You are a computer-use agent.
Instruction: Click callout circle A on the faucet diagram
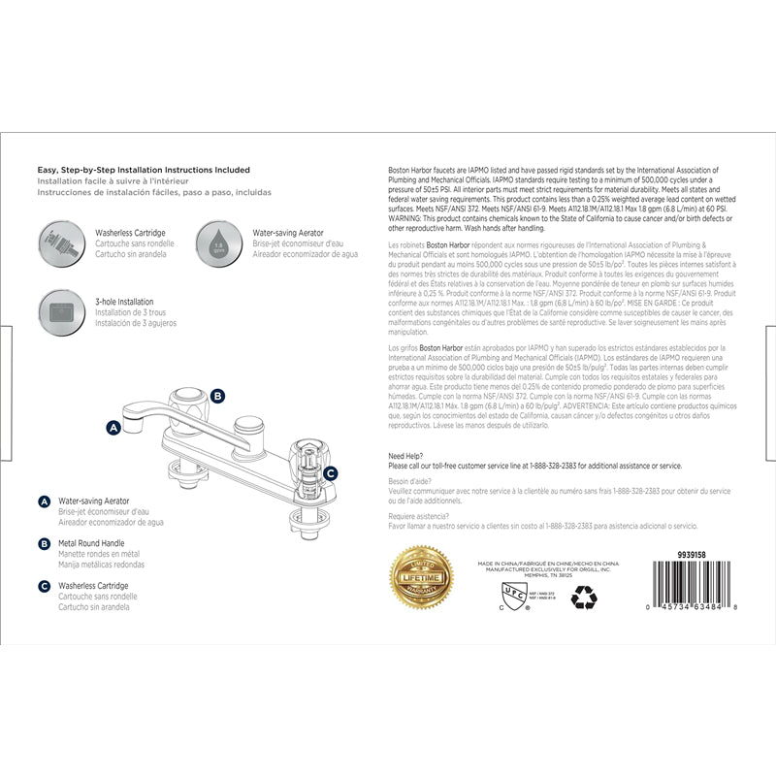113,426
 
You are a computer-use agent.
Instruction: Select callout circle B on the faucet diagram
217,396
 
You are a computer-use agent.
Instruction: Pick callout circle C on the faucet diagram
330,473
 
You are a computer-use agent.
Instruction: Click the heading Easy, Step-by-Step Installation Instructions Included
144,170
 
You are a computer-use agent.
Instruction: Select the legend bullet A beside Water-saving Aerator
45,501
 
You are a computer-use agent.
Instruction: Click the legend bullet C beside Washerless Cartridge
45,586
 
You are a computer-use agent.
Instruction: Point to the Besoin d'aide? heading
410,481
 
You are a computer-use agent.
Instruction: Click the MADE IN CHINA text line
545,562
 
